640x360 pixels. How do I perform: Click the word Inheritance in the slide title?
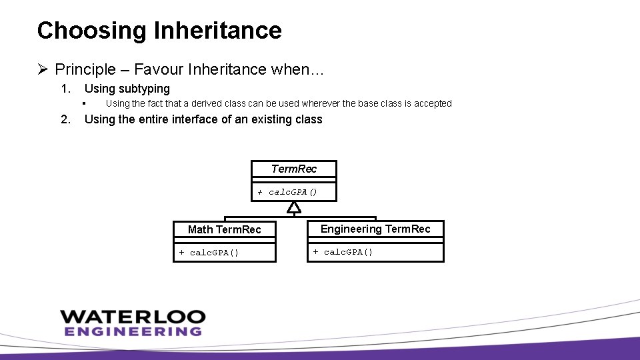tap(217, 31)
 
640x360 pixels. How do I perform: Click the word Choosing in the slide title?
tap(92, 31)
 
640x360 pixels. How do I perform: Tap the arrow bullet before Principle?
tap(43, 69)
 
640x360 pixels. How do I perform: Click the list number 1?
tap(65, 89)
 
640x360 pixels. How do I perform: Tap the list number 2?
tap(65, 119)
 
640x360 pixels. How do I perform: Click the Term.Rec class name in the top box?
tap(294, 169)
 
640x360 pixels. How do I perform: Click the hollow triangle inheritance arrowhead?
tap(294, 207)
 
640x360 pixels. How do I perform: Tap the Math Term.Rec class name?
tap(224, 229)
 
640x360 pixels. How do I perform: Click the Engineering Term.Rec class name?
tap(375, 229)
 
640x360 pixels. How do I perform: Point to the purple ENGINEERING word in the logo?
tap(133, 331)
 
